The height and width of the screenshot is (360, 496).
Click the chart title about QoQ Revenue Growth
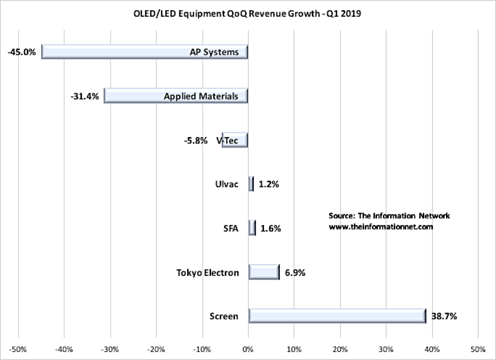(x=248, y=13)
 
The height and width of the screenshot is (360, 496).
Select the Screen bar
(x=337, y=316)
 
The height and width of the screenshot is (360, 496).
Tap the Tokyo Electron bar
(x=264, y=272)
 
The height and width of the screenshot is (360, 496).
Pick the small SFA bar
(x=252, y=228)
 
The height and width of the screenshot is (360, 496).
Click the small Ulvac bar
(x=251, y=184)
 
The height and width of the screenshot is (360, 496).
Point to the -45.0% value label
(x=22, y=52)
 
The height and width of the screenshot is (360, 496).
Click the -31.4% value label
(x=84, y=96)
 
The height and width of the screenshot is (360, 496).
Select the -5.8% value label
(x=195, y=140)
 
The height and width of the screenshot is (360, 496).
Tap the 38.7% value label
(x=444, y=316)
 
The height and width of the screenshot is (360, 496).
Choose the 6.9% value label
(x=295, y=272)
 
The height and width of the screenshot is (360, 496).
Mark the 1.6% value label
(x=270, y=229)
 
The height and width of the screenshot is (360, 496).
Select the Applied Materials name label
(x=201, y=96)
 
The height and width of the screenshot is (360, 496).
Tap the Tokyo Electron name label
(x=207, y=272)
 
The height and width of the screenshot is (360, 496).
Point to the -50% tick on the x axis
(x=19, y=349)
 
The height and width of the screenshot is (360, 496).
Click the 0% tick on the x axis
(x=248, y=349)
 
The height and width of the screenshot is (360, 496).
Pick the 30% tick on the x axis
(x=386, y=349)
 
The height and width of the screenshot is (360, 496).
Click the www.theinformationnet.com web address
(x=381, y=227)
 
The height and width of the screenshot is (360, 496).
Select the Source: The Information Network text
(x=389, y=216)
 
